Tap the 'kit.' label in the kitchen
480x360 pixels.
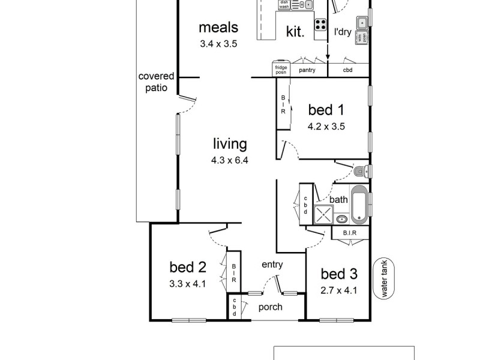click(x=295, y=32)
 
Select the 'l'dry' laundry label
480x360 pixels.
click(x=342, y=32)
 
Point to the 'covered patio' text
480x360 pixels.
click(x=156, y=82)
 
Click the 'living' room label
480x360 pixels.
click(x=230, y=144)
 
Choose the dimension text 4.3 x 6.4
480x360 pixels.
click(x=230, y=160)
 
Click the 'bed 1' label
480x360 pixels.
click(x=326, y=110)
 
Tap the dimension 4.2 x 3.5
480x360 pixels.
click(x=326, y=126)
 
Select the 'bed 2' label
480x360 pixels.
click(x=188, y=267)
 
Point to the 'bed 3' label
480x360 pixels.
click(x=339, y=274)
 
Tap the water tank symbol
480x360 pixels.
click(x=380, y=279)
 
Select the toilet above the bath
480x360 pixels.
click(x=361, y=172)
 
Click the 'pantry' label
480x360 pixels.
click(x=307, y=70)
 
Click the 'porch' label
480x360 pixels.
click(x=270, y=308)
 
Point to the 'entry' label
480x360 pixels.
click(x=272, y=265)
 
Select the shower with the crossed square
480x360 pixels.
click(x=324, y=214)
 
